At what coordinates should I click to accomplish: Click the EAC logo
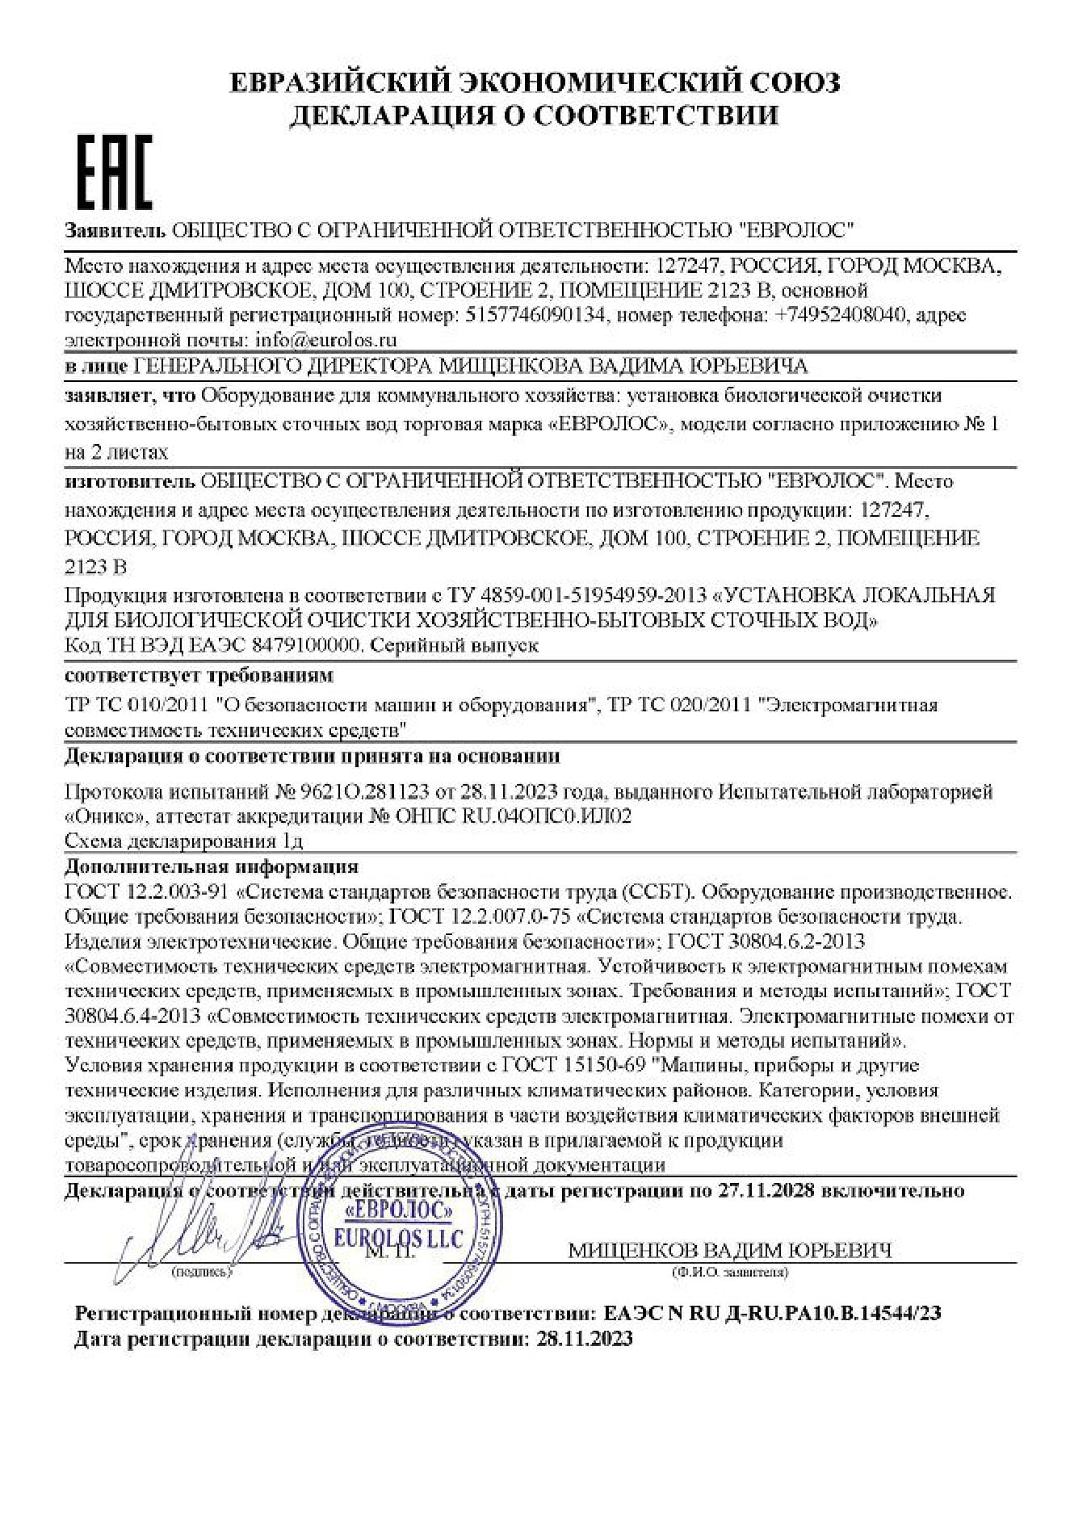(x=114, y=171)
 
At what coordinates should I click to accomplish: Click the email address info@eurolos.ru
(x=325, y=339)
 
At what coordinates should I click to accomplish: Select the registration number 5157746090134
(x=535, y=314)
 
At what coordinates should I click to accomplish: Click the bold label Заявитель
(x=115, y=230)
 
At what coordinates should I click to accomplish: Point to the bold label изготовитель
(x=129, y=481)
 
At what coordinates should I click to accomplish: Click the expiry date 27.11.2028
(x=763, y=1191)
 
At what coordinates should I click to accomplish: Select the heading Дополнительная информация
(x=211, y=867)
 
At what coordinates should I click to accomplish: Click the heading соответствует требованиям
(x=198, y=674)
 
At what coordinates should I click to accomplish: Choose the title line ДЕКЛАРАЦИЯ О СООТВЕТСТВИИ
(x=535, y=115)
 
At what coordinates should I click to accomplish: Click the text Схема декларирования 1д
(x=183, y=841)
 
